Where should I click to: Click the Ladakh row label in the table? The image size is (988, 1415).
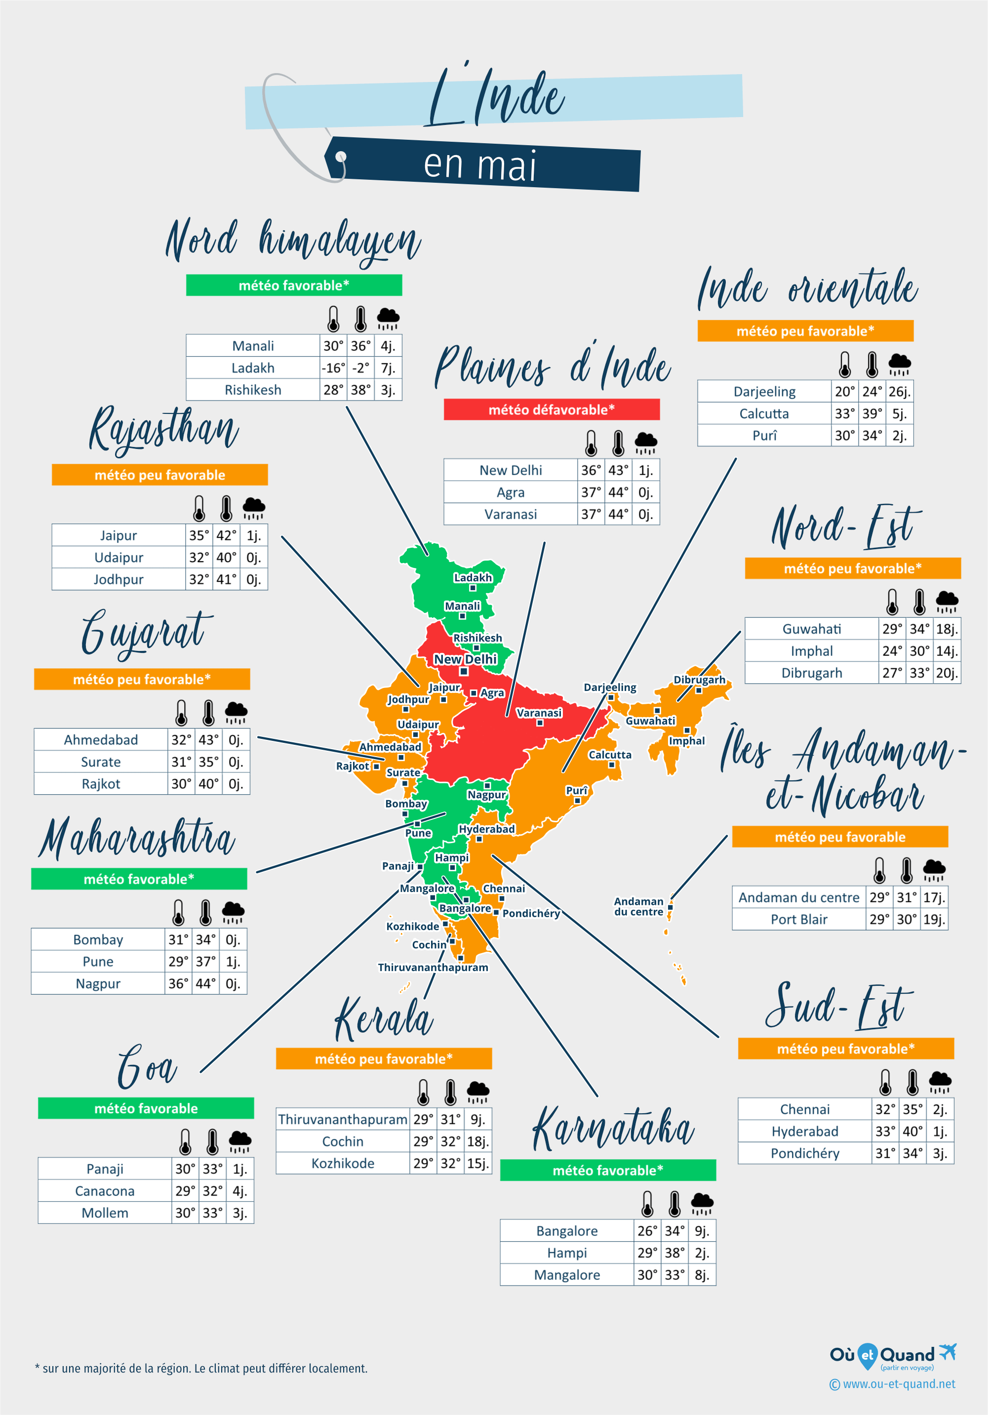point(252,368)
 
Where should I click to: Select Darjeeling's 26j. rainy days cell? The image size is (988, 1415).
point(899,391)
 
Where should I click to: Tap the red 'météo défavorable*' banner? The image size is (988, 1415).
point(552,410)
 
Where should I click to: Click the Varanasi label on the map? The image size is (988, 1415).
point(539,713)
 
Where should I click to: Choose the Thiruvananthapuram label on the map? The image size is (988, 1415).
point(433,968)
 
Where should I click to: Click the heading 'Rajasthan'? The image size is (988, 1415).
point(164,430)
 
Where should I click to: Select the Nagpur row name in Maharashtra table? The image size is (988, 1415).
point(98,984)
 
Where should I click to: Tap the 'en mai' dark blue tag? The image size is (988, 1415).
point(481,165)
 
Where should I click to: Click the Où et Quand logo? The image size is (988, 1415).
point(893,1355)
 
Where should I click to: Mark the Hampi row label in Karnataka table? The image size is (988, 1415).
point(567,1253)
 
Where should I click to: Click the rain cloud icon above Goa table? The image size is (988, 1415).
point(239,1141)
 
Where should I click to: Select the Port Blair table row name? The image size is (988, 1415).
point(799,920)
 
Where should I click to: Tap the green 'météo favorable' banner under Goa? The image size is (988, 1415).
point(146,1108)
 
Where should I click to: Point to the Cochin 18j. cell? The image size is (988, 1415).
point(477,1141)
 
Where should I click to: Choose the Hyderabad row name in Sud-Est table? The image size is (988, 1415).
point(804,1132)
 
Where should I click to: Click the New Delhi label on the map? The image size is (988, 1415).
point(465,659)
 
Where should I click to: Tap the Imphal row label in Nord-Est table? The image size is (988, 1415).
point(811,651)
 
